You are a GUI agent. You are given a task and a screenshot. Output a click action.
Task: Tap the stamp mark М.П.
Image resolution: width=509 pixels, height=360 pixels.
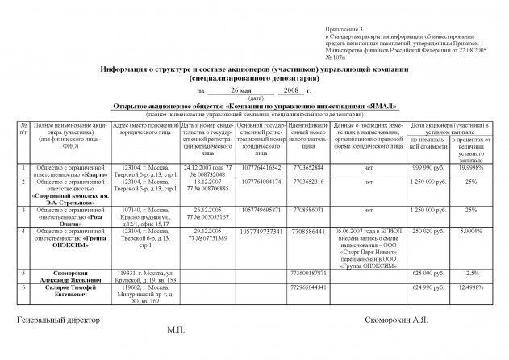pyautogui.click(x=176, y=331)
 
